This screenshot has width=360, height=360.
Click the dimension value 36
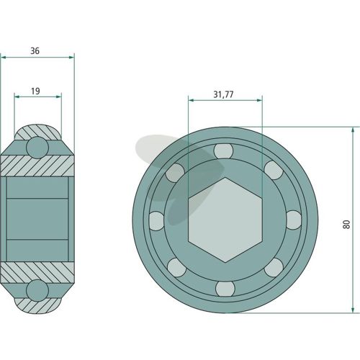coord(35,51)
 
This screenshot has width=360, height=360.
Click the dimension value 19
coord(35,91)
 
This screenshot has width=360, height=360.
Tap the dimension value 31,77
coord(223,94)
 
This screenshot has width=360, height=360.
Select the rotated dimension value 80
coord(347,224)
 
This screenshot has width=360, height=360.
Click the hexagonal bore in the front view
coord(225,220)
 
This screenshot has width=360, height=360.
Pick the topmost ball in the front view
coord(223,151)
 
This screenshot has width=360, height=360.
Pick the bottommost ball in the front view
coord(225,289)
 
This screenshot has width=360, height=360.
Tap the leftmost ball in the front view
coord(157,221)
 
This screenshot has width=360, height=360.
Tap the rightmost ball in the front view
coord(294,220)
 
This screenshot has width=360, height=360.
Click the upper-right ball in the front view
coord(274,170)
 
